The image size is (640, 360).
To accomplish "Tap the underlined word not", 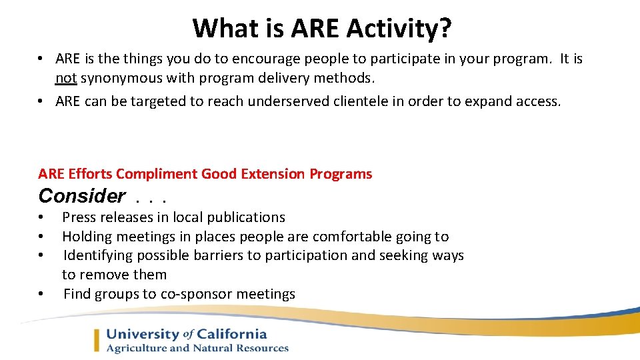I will [66, 78].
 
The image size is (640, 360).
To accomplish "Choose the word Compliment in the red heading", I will [157, 174].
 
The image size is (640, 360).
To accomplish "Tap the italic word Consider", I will [81, 196].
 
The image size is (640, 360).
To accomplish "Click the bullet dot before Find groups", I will [41, 294].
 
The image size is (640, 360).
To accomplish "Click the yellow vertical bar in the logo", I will [97, 341].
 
